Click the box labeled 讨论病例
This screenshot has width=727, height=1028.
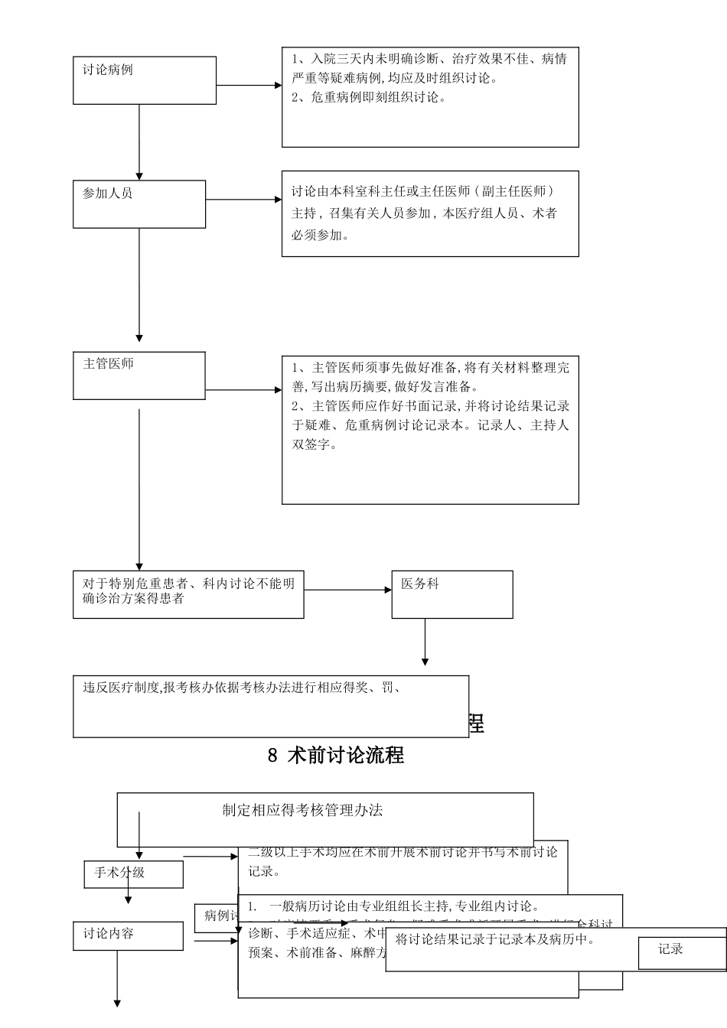144,80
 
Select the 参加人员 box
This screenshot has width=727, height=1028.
139,203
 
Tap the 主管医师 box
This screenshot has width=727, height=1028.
139,375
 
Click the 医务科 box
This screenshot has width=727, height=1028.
452,594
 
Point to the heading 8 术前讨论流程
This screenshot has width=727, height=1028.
336,756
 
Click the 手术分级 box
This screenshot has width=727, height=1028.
133,873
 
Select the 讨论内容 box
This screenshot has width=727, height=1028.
128,935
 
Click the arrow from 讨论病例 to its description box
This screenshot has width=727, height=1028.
249,86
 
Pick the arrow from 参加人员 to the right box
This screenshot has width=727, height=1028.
243,200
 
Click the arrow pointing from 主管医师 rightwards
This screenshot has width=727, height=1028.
243,390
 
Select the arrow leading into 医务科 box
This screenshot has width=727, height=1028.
347,590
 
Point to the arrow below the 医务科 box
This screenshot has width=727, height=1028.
425,641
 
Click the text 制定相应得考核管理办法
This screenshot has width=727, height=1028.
302,811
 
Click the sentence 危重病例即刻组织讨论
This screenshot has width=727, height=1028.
368,97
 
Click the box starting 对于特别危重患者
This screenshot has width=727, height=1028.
188,594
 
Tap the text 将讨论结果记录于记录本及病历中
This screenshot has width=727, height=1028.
495,939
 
